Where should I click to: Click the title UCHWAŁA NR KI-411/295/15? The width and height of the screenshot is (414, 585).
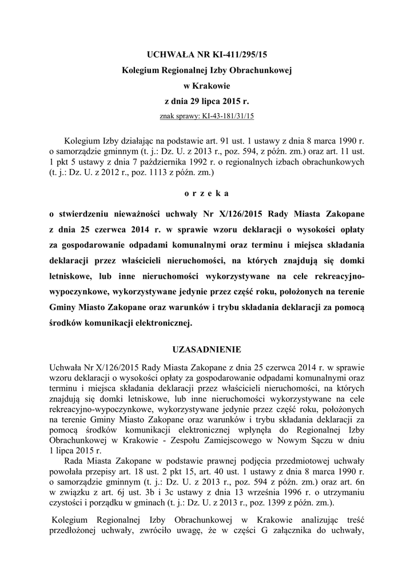207,55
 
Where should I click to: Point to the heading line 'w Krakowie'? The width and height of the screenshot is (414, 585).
206,86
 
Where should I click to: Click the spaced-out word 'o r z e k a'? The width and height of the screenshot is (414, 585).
206,194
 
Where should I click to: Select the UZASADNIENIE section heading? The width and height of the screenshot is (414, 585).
207,348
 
